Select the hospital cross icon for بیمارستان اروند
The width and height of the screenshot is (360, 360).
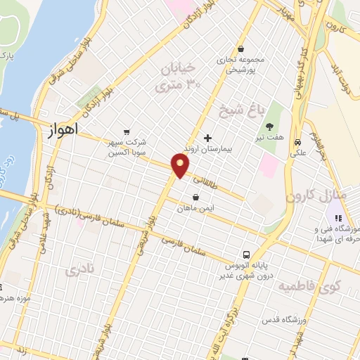pyautogui.click(x=207, y=138)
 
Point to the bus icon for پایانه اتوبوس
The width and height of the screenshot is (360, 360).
pyautogui.click(x=246, y=255)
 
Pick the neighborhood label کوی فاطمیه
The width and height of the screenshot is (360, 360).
pyautogui.click(x=309, y=286)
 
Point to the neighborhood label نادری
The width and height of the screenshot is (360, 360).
pyautogui.click(x=79, y=269)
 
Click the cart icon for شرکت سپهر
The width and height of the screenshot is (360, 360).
pyautogui.click(x=127, y=131)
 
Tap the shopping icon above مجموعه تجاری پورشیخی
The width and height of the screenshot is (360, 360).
pyautogui.click(x=241, y=49)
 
